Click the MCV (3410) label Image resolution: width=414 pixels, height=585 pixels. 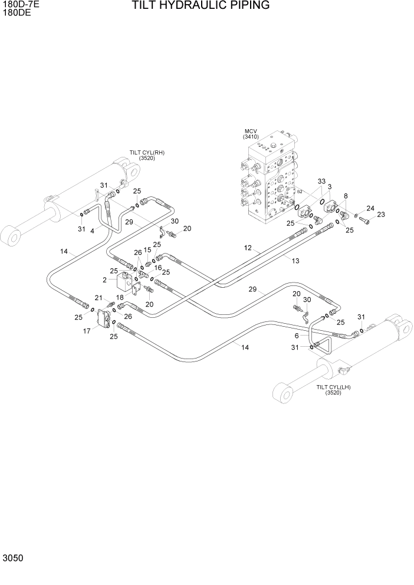(251, 134)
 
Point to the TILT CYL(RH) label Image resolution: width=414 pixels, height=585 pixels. (147, 155)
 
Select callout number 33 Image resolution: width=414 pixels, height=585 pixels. (321, 181)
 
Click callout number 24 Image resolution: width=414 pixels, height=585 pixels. (370, 208)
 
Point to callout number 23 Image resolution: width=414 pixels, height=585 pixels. (381, 215)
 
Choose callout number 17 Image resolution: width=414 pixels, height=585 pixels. (87, 331)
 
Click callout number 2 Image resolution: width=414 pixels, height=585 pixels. (104, 280)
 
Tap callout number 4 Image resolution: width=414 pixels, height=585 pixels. (92, 231)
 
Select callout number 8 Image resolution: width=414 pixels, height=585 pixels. (346, 196)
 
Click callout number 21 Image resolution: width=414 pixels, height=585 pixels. (99, 297)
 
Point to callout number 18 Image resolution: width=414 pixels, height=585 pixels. (120, 298)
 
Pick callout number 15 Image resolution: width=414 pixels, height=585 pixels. (147, 250)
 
